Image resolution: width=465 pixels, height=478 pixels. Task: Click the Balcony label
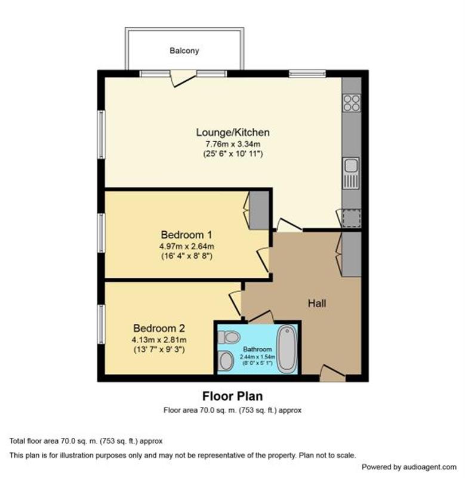[184, 51]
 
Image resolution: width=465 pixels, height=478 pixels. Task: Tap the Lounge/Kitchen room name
[233, 132]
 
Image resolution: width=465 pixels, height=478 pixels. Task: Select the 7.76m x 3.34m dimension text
[233, 144]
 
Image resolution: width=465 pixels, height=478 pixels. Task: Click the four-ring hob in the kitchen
[352, 103]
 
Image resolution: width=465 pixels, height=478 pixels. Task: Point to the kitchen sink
[351, 173]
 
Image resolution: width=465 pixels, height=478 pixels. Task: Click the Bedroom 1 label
[186, 235]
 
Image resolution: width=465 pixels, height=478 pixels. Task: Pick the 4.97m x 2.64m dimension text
[187, 246]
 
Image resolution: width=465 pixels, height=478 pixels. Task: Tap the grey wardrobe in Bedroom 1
[259, 210]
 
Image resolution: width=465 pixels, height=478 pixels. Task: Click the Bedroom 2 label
[159, 328]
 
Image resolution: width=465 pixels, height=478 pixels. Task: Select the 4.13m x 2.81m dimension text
[159, 339]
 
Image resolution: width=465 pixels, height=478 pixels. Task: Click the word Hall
[317, 304]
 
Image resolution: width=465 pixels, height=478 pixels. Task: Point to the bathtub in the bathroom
[287, 349]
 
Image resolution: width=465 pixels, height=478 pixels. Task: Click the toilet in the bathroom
[229, 338]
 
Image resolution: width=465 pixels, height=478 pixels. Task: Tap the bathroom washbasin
[226, 361]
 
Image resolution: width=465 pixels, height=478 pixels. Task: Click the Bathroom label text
[257, 350]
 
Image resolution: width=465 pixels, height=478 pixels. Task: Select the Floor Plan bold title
[233, 396]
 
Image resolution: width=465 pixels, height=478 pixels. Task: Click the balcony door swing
[183, 78]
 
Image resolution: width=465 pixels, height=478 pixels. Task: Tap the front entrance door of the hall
[332, 373]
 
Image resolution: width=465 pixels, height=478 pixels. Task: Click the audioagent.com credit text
[409, 467]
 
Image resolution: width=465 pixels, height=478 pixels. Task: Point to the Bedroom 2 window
[101, 324]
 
